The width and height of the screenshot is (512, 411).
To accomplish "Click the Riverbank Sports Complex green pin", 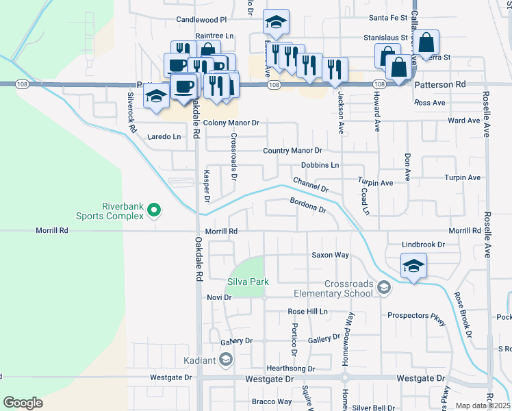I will pyautogui.click(x=154, y=210).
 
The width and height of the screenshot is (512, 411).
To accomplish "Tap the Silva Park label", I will pyautogui.click(x=248, y=282).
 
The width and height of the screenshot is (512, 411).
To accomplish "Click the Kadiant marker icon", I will pyautogui.click(x=227, y=360).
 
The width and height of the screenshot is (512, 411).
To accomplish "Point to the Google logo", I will pyautogui.click(x=23, y=403).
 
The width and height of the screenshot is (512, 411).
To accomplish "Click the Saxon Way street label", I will pyautogui.click(x=331, y=255).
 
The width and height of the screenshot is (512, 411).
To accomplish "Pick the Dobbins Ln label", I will pyautogui.click(x=320, y=165).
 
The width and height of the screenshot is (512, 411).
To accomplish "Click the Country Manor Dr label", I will pyautogui.click(x=292, y=151).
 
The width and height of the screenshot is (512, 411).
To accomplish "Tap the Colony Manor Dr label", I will pyautogui.click(x=231, y=123).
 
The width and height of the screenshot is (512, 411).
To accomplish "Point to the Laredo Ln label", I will pyautogui.click(x=165, y=136).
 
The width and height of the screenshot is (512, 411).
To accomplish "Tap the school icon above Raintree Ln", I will pyautogui.click(x=276, y=23).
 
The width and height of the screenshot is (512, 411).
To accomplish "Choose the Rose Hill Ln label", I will pyautogui.click(x=307, y=311).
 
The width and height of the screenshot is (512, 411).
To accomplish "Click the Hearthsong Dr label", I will pyautogui.click(x=291, y=368).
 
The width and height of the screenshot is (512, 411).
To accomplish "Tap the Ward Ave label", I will pyautogui.click(x=463, y=121).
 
